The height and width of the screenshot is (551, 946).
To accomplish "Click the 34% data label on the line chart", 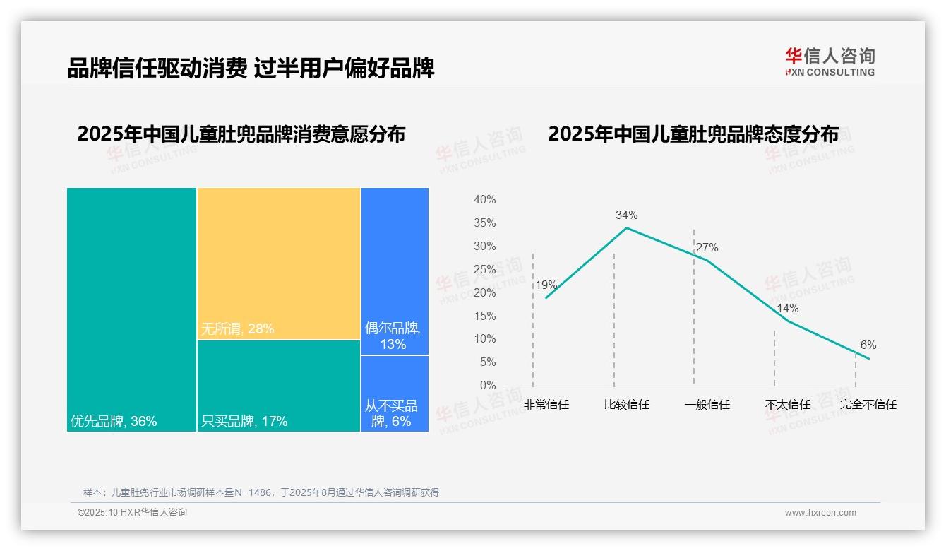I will [626, 215].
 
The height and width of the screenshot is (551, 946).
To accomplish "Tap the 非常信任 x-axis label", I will [546, 405].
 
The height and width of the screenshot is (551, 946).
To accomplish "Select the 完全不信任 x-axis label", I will [868, 405].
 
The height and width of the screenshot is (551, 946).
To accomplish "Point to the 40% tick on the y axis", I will [484, 200].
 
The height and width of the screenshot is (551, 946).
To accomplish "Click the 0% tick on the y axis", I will [488, 386].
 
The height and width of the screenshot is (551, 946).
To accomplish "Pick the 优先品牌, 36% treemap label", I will [114, 422].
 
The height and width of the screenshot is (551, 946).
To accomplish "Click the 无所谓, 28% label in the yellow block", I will [237, 328].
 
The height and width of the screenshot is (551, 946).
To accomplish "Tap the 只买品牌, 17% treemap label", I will [244, 422].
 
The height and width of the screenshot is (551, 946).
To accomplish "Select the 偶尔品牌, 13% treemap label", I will [393, 336].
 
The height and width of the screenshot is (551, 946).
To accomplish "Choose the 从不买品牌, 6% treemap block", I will [395, 393].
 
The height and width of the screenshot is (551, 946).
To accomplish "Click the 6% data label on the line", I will [868, 345].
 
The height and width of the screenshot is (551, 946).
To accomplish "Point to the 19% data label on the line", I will [546, 285].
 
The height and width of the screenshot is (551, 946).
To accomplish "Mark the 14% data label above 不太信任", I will [787, 309].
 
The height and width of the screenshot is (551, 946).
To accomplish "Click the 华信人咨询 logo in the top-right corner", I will [830, 61].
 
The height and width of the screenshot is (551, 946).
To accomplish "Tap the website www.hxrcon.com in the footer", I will [820, 513].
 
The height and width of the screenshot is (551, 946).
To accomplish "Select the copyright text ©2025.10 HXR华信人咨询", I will [132, 513].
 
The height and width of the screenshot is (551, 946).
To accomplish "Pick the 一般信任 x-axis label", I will [707, 405].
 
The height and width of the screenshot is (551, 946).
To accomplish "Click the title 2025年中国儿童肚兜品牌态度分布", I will [693, 134].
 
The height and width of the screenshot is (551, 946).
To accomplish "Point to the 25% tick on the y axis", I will [484, 269].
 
